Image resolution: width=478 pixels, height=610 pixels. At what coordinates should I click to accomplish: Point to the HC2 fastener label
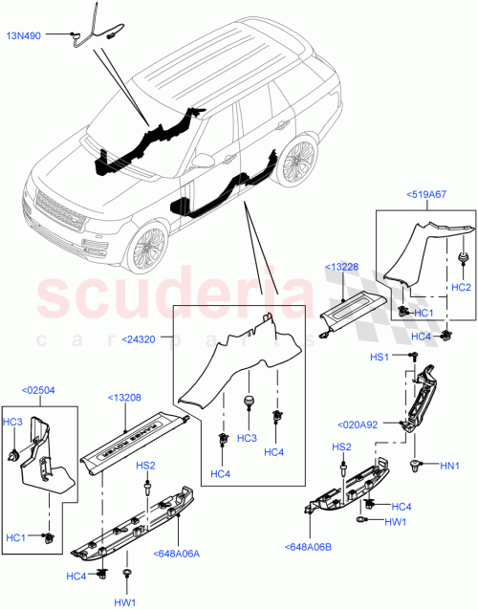click(x=461, y=287)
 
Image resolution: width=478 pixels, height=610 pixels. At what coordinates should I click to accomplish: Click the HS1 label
click(x=379, y=357)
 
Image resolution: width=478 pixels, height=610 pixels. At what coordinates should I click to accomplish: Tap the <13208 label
click(x=125, y=398)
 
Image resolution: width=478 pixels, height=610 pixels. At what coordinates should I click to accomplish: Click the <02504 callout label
click(x=39, y=390)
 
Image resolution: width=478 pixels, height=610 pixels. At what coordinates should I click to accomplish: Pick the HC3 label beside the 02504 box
click(x=12, y=422)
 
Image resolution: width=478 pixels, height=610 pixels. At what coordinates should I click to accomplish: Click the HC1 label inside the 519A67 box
click(x=424, y=313)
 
